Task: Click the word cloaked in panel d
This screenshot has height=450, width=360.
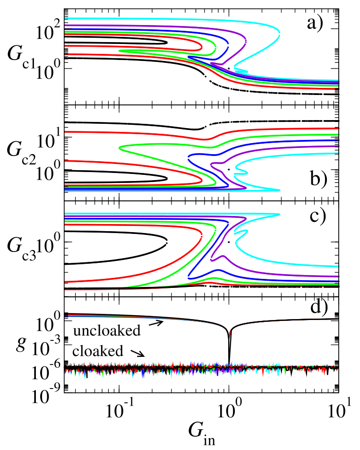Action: pyautogui.click(x=97, y=352)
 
